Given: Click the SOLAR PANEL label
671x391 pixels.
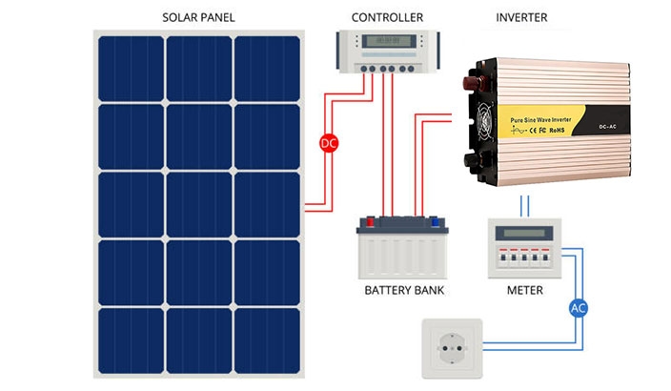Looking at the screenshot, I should click(198, 18).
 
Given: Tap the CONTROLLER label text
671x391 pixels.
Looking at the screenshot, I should click(387, 18).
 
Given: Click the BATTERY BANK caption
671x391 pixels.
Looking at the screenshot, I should click(405, 289).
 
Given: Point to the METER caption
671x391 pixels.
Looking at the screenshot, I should click(524, 289).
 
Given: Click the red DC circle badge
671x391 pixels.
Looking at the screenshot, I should click(328, 144).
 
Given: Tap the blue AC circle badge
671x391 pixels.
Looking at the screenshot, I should click(578, 308).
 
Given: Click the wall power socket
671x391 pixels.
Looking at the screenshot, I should click(455, 347).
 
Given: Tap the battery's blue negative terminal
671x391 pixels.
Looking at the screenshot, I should click(437, 221).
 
